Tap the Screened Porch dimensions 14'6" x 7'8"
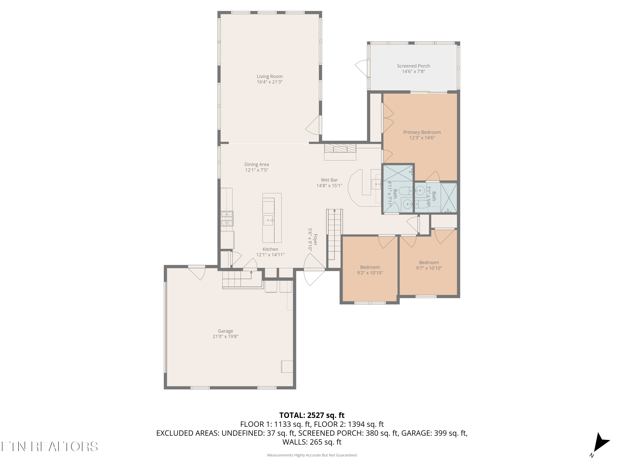click(413, 71)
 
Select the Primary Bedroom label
click(422, 132)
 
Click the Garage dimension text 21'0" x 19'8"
click(225, 336)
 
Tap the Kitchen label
click(270, 249)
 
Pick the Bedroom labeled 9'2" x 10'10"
click(370, 270)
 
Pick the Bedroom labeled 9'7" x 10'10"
click(429, 265)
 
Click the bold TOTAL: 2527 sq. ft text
click(312, 415)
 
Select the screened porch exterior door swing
click(361, 68)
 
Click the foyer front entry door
click(314, 269)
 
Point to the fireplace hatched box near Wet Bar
click(340, 148)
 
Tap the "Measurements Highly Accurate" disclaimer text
click(312, 455)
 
